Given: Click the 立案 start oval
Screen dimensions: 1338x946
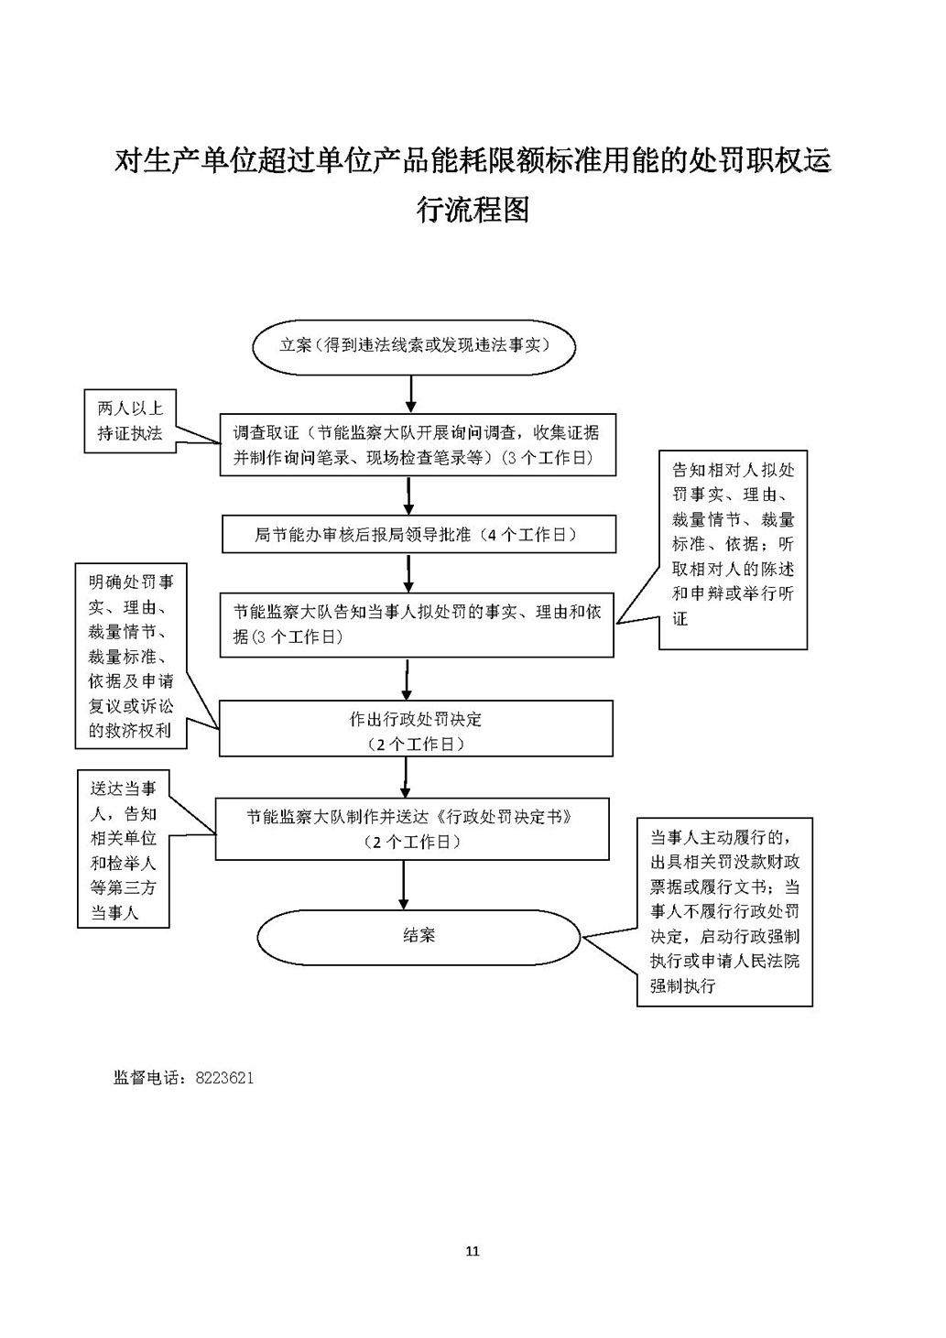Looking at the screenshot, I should coord(414,346).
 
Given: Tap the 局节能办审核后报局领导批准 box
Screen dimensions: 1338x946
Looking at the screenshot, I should coord(419,534).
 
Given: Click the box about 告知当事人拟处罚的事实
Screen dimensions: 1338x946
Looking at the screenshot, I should coord(417,625).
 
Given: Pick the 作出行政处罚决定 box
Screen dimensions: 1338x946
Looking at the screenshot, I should coord(416,730).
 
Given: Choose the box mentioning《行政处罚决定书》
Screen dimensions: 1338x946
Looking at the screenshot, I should coord(412,828).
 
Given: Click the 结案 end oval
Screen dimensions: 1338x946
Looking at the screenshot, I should coord(419,936).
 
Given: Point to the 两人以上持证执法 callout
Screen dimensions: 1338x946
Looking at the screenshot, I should coord(130,422).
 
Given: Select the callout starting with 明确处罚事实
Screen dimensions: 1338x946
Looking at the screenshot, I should coord(131,656).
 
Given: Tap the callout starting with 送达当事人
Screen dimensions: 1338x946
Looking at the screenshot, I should coord(124,849).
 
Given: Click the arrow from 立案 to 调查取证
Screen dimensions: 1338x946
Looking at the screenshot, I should coord(410,394).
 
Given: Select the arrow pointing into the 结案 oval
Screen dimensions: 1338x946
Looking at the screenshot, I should coord(404,884).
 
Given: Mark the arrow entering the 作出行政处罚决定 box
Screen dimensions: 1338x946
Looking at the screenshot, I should coord(405,680).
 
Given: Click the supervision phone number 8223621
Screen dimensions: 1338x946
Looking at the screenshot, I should coord(224,1078).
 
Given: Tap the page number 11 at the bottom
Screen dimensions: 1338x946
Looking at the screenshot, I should coord(473,1251).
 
